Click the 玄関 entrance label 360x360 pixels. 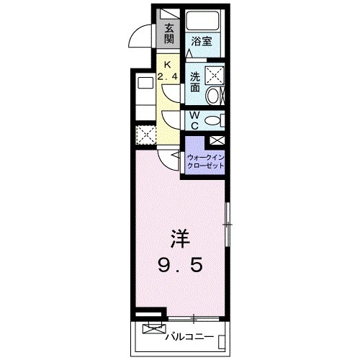[169, 34]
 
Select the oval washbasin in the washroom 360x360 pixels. [214, 96]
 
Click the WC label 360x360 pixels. [195, 120]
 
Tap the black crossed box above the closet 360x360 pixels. [217, 140]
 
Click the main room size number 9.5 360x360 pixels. [180, 264]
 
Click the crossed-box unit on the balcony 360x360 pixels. [152, 330]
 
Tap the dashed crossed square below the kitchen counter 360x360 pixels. [145, 134]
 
